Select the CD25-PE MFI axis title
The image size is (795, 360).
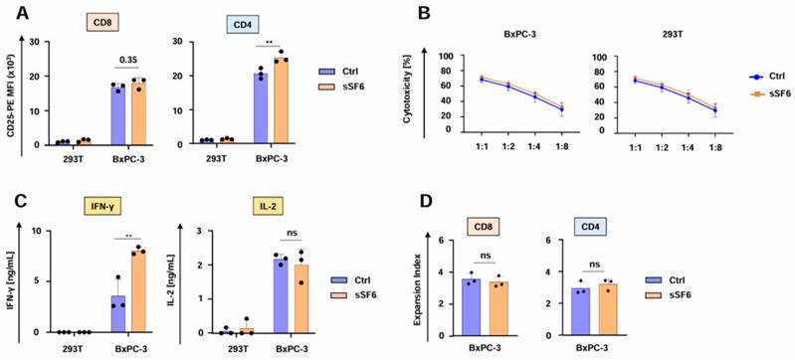[13, 93]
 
